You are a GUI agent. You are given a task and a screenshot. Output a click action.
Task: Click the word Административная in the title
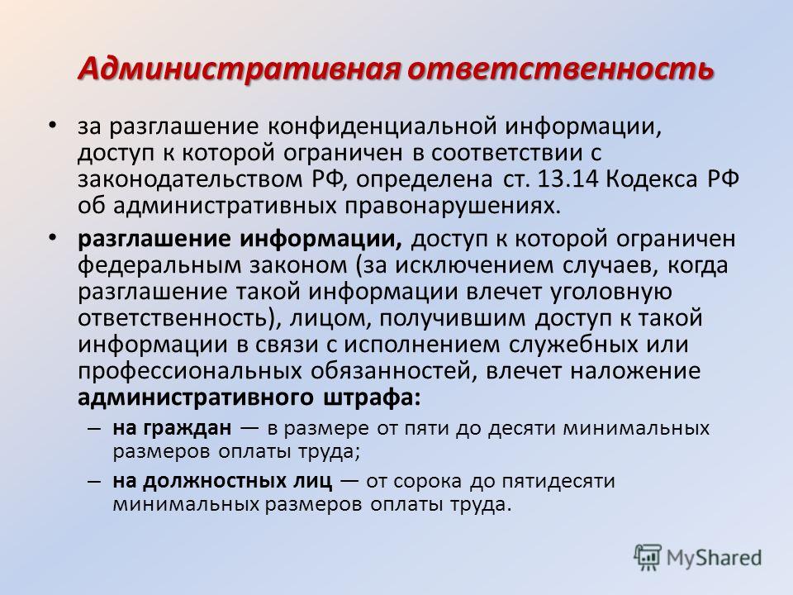tap(240, 69)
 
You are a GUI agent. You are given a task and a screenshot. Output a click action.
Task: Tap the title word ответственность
tap(560, 69)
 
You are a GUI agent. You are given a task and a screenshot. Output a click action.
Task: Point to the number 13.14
tap(568, 178)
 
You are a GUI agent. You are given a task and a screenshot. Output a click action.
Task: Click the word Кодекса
tap(652, 180)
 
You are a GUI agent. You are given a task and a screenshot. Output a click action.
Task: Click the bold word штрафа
tap(371, 397)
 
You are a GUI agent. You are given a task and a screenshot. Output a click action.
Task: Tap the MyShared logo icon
tap(648, 558)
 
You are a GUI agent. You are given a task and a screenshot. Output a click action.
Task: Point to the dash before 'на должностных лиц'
tap(94, 481)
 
